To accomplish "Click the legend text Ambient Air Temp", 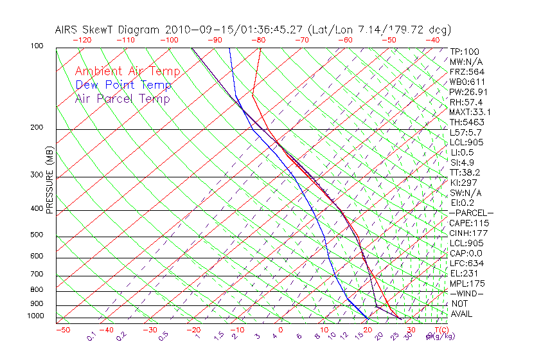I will pyautogui.click(x=127, y=72).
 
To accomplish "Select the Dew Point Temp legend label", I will pyautogui.click(x=123, y=85).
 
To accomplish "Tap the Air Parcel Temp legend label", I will pyautogui.click(x=122, y=99).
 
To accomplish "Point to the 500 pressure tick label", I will pyautogui.click(x=37, y=235).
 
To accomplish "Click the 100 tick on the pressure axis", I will pyautogui.click(x=37, y=46).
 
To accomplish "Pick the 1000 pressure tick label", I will pyautogui.click(x=35, y=316).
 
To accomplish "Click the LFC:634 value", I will pyautogui.click(x=466, y=264).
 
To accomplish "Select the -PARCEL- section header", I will pyautogui.click(x=472, y=213).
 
